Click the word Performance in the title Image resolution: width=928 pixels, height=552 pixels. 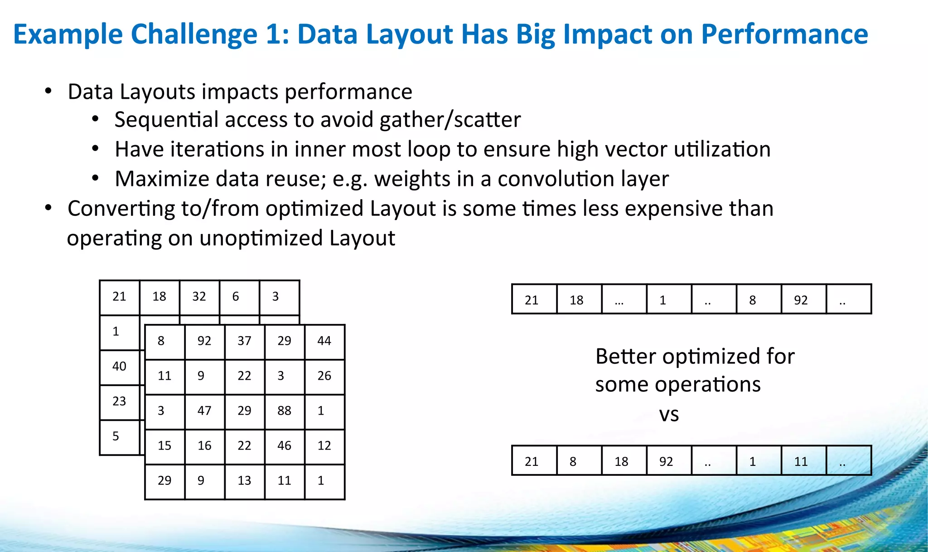tap(784, 34)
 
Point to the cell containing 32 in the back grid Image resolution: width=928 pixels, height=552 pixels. tap(199, 297)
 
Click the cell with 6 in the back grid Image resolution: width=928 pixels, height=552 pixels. tap(239, 297)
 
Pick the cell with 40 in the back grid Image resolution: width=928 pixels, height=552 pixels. tap(119, 367)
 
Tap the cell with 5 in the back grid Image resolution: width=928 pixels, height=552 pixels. tap(119, 437)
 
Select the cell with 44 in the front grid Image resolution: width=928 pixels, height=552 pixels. tap(324, 342)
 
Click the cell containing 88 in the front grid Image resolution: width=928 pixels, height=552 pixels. tap(285, 411)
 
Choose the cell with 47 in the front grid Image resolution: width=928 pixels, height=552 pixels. tap(204, 411)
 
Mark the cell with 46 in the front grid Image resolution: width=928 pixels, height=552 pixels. tap(285, 446)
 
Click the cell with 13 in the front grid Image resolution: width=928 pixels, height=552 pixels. tap(245, 481)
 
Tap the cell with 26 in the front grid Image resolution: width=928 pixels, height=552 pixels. tap(324, 376)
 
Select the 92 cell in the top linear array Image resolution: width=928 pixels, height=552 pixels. tap(803, 299)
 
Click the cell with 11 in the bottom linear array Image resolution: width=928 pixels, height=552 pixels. tap(803, 461)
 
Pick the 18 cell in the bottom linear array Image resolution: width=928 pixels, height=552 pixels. tap(623, 461)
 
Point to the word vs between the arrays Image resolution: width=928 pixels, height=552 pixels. tap(669, 414)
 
